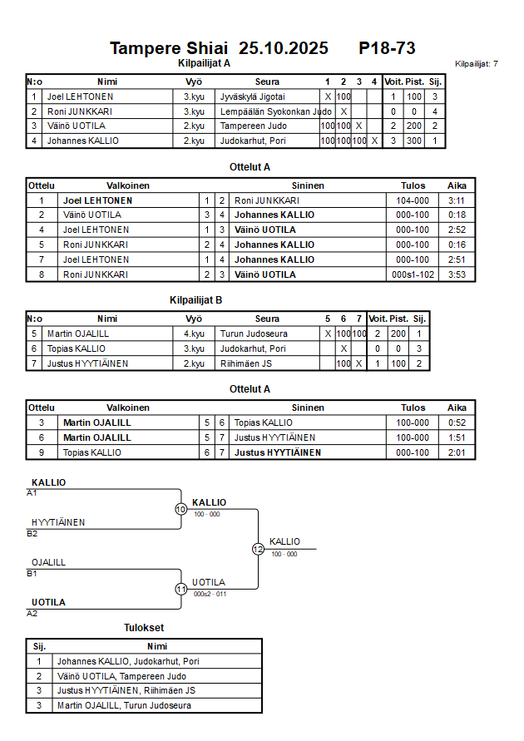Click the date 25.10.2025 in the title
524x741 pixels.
click(x=283, y=48)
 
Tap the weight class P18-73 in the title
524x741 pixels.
click(x=387, y=48)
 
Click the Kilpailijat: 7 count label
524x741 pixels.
click(x=477, y=63)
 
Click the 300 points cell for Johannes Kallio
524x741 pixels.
click(x=413, y=141)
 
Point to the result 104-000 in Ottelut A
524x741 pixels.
click(x=413, y=200)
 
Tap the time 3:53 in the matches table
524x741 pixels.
click(x=457, y=274)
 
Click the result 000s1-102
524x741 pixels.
click(x=413, y=274)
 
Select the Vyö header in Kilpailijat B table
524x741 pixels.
click(x=194, y=319)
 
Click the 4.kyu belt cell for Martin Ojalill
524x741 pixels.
click(x=194, y=333)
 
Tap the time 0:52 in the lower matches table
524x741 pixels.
click(x=457, y=422)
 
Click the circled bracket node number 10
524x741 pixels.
click(x=180, y=509)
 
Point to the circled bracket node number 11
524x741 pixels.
click(x=180, y=589)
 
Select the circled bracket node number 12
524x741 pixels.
click(x=258, y=549)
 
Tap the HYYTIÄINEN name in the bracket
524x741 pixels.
click(x=58, y=522)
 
